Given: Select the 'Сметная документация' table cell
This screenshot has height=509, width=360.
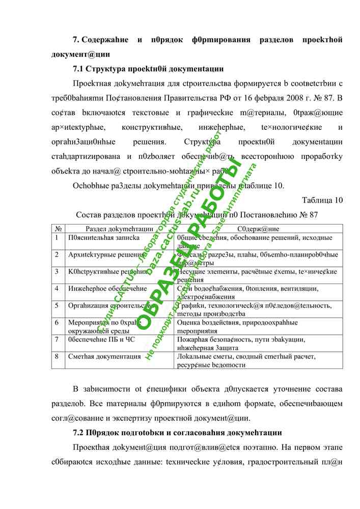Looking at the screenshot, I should pos(104,357).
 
